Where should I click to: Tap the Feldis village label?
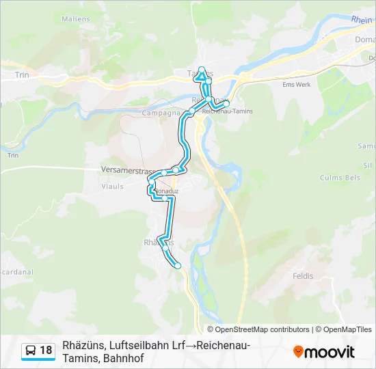click(x=302, y=276)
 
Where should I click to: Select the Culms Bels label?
click(x=340, y=178)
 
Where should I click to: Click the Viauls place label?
click(x=112, y=185)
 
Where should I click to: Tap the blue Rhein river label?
click(x=362, y=20)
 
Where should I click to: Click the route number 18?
click(x=45, y=351)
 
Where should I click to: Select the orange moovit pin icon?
click(x=298, y=352)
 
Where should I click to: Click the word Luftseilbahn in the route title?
click(x=131, y=345)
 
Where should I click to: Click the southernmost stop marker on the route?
click(x=178, y=266)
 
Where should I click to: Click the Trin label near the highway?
click(x=23, y=75)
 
